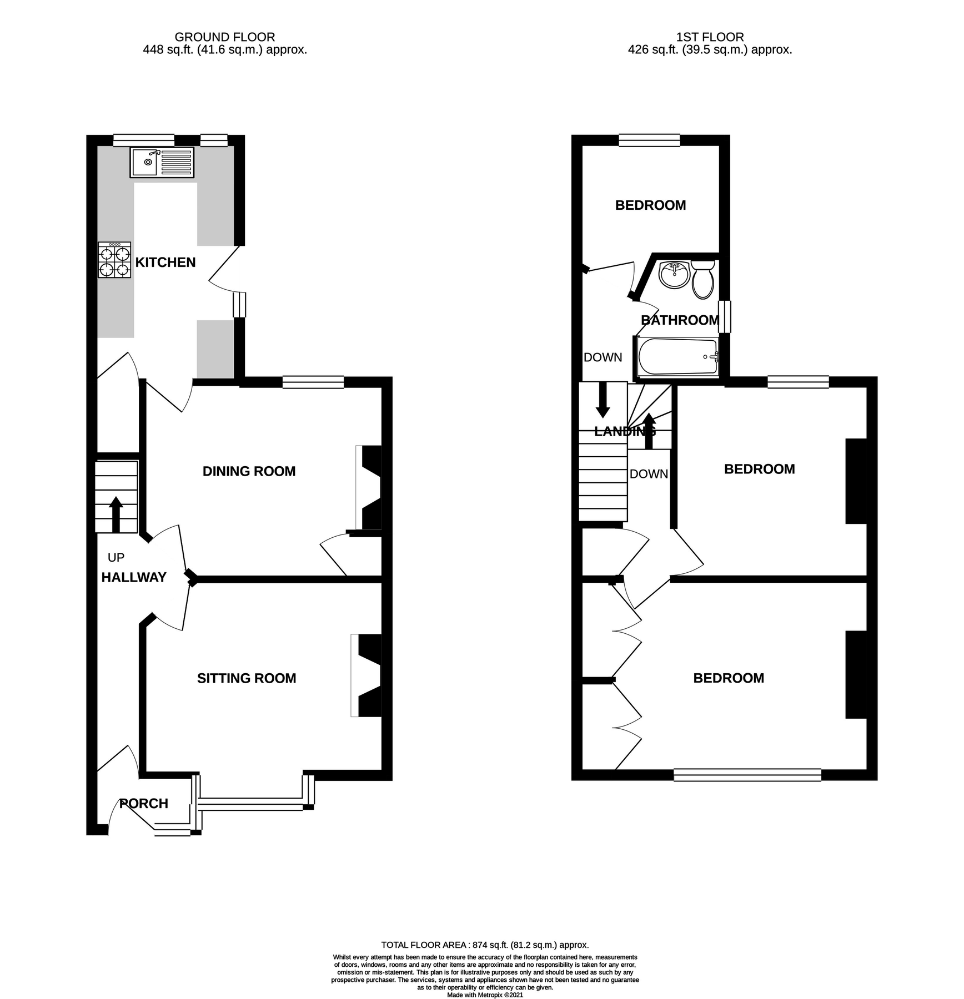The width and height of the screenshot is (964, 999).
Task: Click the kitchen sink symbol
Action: click(x=162, y=162)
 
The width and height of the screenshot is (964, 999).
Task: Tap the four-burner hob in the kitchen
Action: click(x=114, y=260)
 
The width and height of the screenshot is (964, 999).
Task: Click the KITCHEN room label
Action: click(x=165, y=263)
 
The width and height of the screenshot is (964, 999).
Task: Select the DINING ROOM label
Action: click(x=249, y=471)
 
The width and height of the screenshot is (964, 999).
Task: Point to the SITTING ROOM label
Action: click(x=247, y=678)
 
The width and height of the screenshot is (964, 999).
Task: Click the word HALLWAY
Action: click(x=134, y=578)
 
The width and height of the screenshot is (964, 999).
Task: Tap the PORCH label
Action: click(x=144, y=804)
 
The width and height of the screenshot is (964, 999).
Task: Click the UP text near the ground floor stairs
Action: click(x=116, y=557)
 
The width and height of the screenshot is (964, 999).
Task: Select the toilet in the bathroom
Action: click(x=703, y=279)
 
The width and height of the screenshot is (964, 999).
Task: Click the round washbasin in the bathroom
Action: click(x=674, y=275)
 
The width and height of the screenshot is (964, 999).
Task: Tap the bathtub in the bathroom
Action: click(x=678, y=357)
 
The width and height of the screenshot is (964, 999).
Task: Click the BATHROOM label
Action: click(x=680, y=320)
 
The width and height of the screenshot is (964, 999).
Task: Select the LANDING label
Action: click(x=625, y=432)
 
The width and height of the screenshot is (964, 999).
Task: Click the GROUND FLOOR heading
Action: click(x=224, y=37)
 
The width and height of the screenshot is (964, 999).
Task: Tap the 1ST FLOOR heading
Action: click(x=710, y=37)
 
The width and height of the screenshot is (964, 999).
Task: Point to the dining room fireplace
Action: click(x=370, y=487)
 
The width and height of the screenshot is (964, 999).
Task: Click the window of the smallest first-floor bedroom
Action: click(x=649, y=140)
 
